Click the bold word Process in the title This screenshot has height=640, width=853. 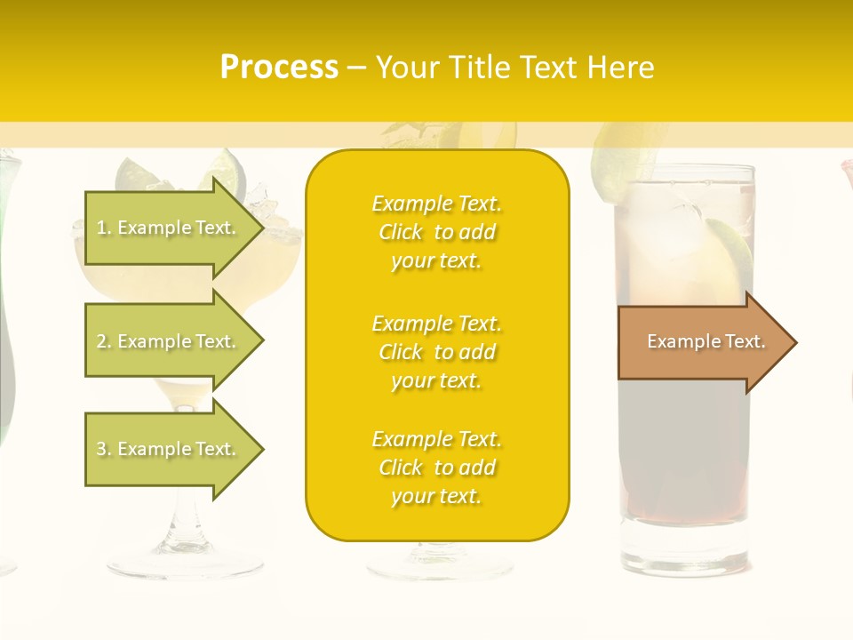tap(279, 68)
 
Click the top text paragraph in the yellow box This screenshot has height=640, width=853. tap(436, 232)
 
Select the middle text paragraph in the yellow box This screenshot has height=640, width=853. tap(436, 352)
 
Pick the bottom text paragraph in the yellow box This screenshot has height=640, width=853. tap(436, 468)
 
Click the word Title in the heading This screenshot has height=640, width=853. tap(482, 68)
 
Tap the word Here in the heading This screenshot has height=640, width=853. tap(622, 68)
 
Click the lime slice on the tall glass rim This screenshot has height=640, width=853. tap(622, 164)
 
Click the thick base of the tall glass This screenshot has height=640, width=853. tap(684, 547)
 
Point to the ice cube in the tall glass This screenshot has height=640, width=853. tap(680, 213)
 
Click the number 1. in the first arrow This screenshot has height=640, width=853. tap(103, 228)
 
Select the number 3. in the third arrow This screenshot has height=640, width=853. tap(103, 449)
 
